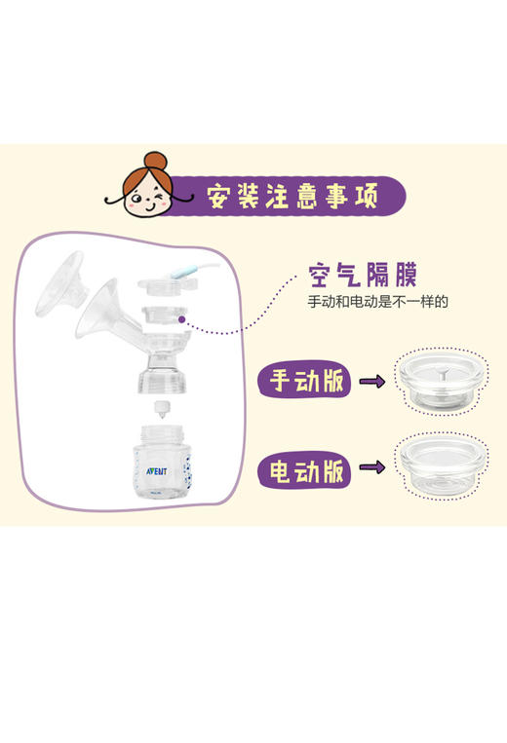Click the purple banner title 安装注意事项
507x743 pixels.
(x=292, y=196)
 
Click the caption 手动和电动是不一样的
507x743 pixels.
(x=377, y=302)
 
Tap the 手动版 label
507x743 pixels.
(x=305, y=381)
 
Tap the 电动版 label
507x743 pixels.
(x=305, y=471)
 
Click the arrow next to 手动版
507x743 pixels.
(x=371, y=382)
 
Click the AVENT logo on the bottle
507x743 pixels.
(x=143, y=465)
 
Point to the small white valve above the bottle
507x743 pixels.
(x=161, y=408)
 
